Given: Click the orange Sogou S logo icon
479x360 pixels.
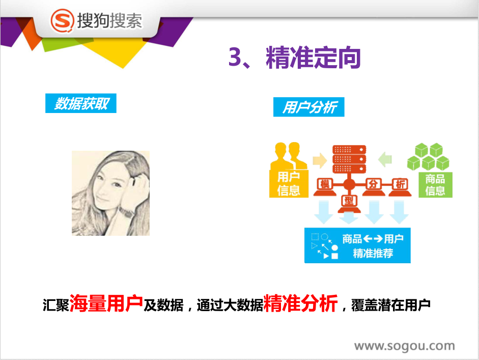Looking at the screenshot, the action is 62,21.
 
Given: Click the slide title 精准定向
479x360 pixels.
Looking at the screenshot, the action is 313,58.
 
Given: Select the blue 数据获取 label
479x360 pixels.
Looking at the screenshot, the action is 81,103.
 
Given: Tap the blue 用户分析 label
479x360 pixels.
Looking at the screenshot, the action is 309,107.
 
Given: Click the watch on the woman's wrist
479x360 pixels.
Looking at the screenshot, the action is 126,211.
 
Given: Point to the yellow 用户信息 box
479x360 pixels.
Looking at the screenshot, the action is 289,184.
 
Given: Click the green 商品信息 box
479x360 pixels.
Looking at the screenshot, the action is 435,185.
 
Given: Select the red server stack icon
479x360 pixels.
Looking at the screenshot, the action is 349,159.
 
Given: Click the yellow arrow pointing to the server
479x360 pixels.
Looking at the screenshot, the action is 320,160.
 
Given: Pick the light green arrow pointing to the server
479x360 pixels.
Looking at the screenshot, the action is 385,159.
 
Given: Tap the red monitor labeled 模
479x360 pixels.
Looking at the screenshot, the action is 325,186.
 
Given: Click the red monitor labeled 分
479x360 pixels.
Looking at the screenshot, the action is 373,186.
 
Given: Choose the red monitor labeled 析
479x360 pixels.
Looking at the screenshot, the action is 400,186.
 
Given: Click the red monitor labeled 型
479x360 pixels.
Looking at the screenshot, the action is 349,204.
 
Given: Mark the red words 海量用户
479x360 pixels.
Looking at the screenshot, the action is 106,303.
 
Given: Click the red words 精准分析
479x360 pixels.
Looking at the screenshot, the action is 301,303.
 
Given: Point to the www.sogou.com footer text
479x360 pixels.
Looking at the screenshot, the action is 405,346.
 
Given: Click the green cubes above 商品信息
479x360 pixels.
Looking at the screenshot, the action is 428,156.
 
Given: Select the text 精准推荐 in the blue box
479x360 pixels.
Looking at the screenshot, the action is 373,254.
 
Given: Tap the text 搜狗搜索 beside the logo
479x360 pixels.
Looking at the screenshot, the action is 109,21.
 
